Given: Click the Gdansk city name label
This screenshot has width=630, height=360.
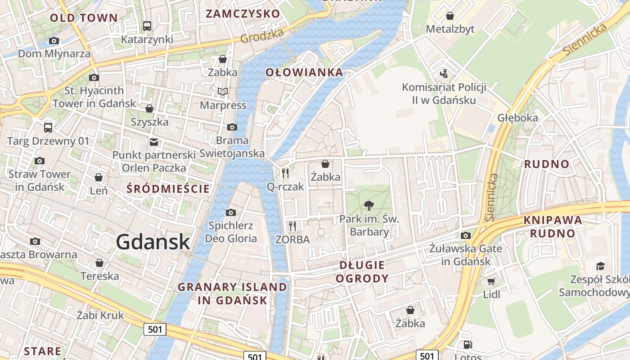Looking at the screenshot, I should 153,242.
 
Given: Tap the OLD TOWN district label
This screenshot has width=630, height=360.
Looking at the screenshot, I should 84,18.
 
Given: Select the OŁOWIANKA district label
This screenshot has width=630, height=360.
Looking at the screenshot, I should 304,72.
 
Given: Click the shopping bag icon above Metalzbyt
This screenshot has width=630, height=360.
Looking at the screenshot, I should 450,16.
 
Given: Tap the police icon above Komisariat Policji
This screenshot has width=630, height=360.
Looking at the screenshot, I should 444,73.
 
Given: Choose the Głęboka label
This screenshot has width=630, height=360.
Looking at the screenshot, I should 517,118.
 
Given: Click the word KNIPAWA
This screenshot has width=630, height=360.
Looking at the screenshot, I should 553,220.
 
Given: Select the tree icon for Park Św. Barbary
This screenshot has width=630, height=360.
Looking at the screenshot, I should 369,206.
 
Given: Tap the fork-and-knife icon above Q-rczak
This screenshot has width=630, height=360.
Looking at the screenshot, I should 285,173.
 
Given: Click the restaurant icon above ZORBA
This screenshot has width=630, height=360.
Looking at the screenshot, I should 292,226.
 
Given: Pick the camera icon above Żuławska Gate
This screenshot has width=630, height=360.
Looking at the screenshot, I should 466,235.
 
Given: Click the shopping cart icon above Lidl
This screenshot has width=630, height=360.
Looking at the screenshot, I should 491,282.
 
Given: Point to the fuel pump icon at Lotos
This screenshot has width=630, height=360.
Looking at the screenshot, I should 468,345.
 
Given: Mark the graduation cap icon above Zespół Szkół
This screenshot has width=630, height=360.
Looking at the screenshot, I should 600,266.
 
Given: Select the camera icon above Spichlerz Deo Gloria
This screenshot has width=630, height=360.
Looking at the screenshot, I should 231,212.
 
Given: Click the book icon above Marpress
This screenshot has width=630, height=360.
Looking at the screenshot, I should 223,92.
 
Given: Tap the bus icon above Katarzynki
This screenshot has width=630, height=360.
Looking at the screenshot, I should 147,26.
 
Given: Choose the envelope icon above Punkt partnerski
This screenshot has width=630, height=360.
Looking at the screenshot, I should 154,142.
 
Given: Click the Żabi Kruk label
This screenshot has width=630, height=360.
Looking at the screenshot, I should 100,315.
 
